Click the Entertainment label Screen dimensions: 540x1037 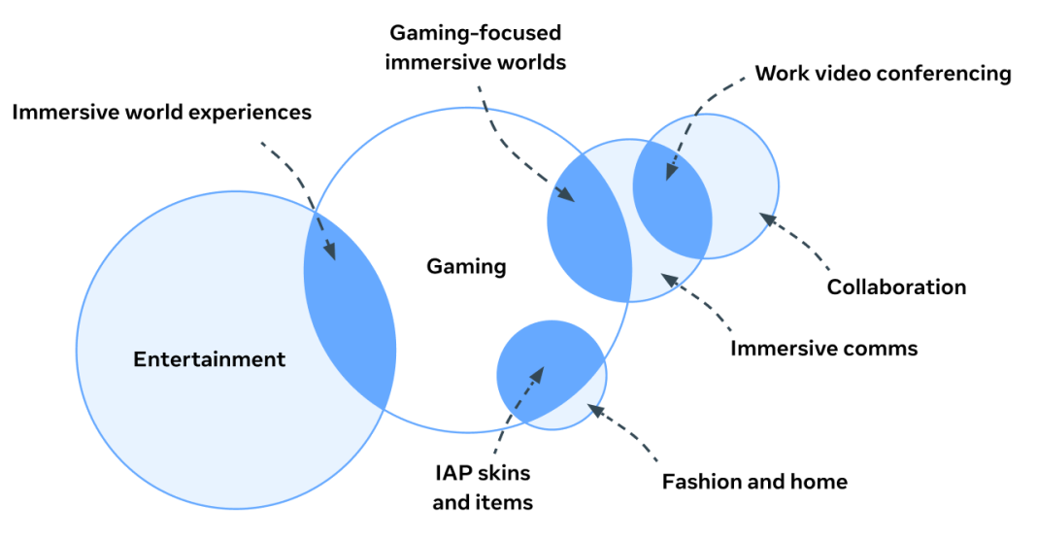coord(209,359)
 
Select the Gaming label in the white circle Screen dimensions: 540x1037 coord(466,266)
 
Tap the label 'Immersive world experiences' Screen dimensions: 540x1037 coord(162,113)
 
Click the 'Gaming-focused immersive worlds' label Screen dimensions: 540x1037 coord(475,48)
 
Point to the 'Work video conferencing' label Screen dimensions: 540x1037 coord(883,74)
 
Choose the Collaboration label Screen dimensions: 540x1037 coord(896,287)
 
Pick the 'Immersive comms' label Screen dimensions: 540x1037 coord(823,348)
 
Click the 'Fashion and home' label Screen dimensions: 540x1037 coord(754,482)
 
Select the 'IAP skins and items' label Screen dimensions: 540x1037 coord(483,488)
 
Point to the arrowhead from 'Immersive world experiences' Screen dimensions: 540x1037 coord(332,255)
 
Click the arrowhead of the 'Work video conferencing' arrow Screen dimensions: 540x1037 coord(669,175)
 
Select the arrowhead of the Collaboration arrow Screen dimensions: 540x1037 coord(764,218)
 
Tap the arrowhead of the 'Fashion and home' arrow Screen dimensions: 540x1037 coord(593,410)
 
